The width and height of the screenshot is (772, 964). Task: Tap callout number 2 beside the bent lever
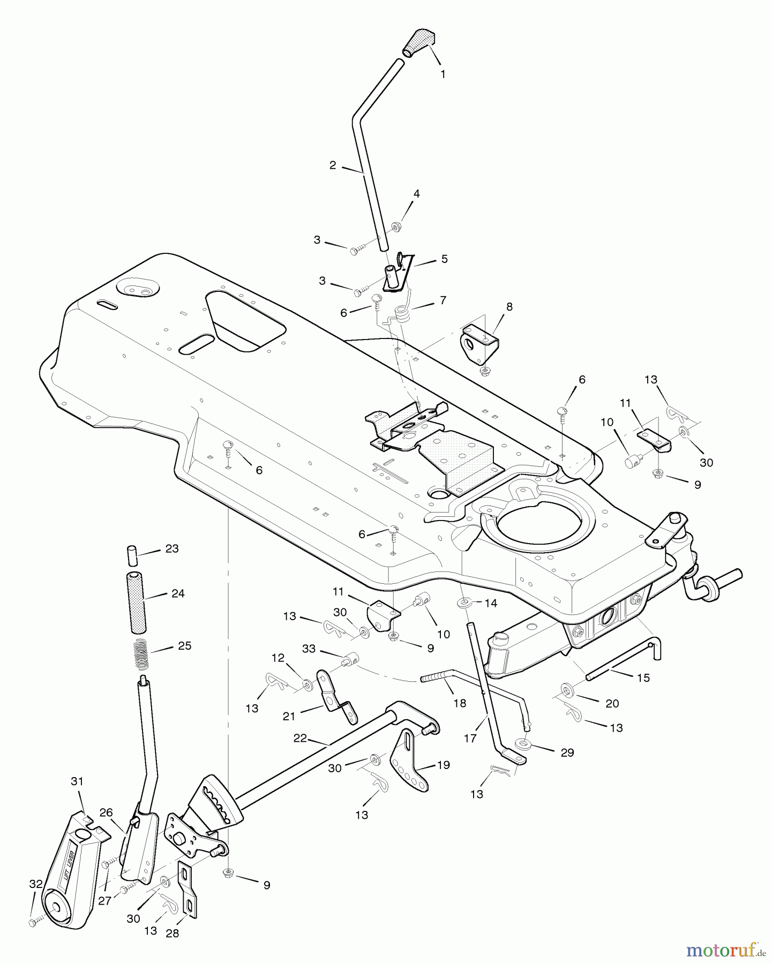pos(333,165)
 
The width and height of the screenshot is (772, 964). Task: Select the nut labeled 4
pos(397,228)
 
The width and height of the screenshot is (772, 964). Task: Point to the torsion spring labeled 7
pos(403,312)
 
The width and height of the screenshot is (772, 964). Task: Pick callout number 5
pos(444,259)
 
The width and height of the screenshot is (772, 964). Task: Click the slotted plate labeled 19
pos(410,760)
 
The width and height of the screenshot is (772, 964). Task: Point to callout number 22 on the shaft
pos(301,738)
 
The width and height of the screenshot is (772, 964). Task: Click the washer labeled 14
pos(463,604)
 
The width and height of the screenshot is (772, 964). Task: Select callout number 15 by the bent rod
pos(643,677)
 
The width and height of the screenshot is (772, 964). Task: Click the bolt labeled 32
pos(33,923)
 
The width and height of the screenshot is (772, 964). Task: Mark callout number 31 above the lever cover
pos(77,781)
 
